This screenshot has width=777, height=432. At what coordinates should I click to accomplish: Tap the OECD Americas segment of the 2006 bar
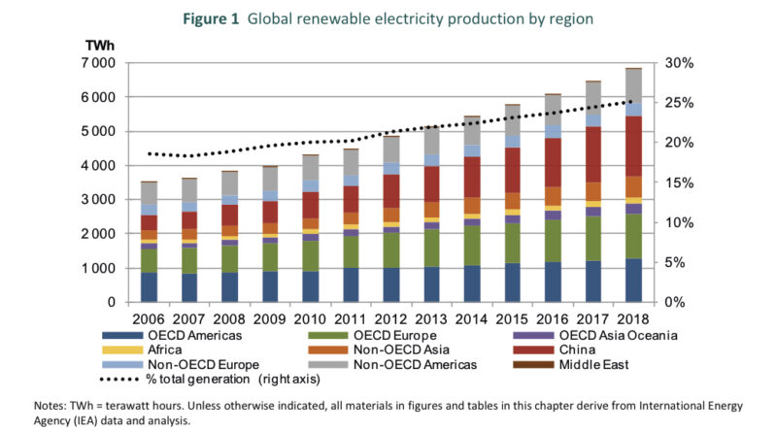(149, 286)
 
